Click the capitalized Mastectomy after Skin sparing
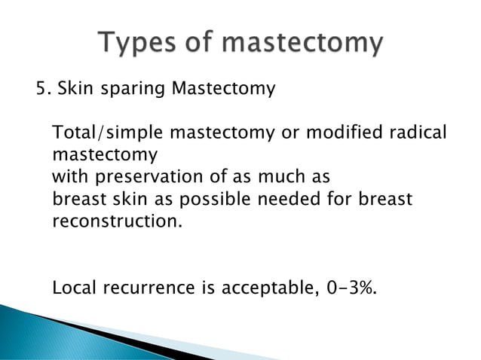[x=224, y=90]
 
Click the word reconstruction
[x=117, y=223]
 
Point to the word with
[x=69, y=178]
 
